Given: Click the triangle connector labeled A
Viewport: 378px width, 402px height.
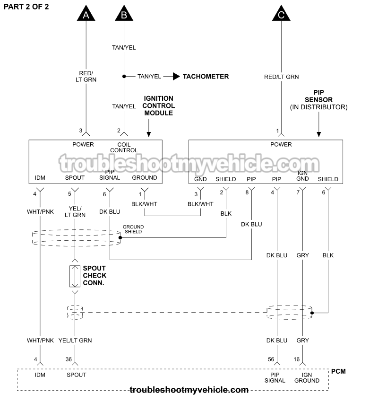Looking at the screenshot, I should tap(86, 14).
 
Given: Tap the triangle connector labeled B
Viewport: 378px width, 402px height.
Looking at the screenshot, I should tap(124, 14).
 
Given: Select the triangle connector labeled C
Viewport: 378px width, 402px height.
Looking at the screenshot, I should tap(281, 14).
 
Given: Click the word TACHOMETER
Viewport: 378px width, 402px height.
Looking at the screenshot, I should tap(206, 76).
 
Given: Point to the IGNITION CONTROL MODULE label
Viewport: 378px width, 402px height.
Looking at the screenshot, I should tap(158, 106).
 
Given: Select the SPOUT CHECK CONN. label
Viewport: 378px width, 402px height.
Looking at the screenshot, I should tap(94, 275).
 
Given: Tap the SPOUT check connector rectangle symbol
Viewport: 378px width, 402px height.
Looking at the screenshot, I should tap(74, 276).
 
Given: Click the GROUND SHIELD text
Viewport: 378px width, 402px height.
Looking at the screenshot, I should tap(133, 229).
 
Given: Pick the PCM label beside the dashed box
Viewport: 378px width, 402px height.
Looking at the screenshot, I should tap(338, 371).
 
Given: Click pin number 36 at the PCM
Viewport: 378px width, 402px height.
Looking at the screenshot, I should tap(69, 359).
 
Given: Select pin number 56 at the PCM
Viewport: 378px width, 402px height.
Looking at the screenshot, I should tap(271, 359).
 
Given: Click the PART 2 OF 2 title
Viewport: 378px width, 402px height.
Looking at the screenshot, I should tap(26, 6).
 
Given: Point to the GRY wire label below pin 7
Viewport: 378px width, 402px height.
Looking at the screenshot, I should tap(302, 255).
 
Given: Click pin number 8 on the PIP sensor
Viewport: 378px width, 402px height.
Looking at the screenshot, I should tap(247, 192).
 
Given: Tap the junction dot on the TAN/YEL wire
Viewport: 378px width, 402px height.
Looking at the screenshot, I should tap(124, 76).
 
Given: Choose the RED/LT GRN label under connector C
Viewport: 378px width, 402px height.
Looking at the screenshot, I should tap(281, 77).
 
